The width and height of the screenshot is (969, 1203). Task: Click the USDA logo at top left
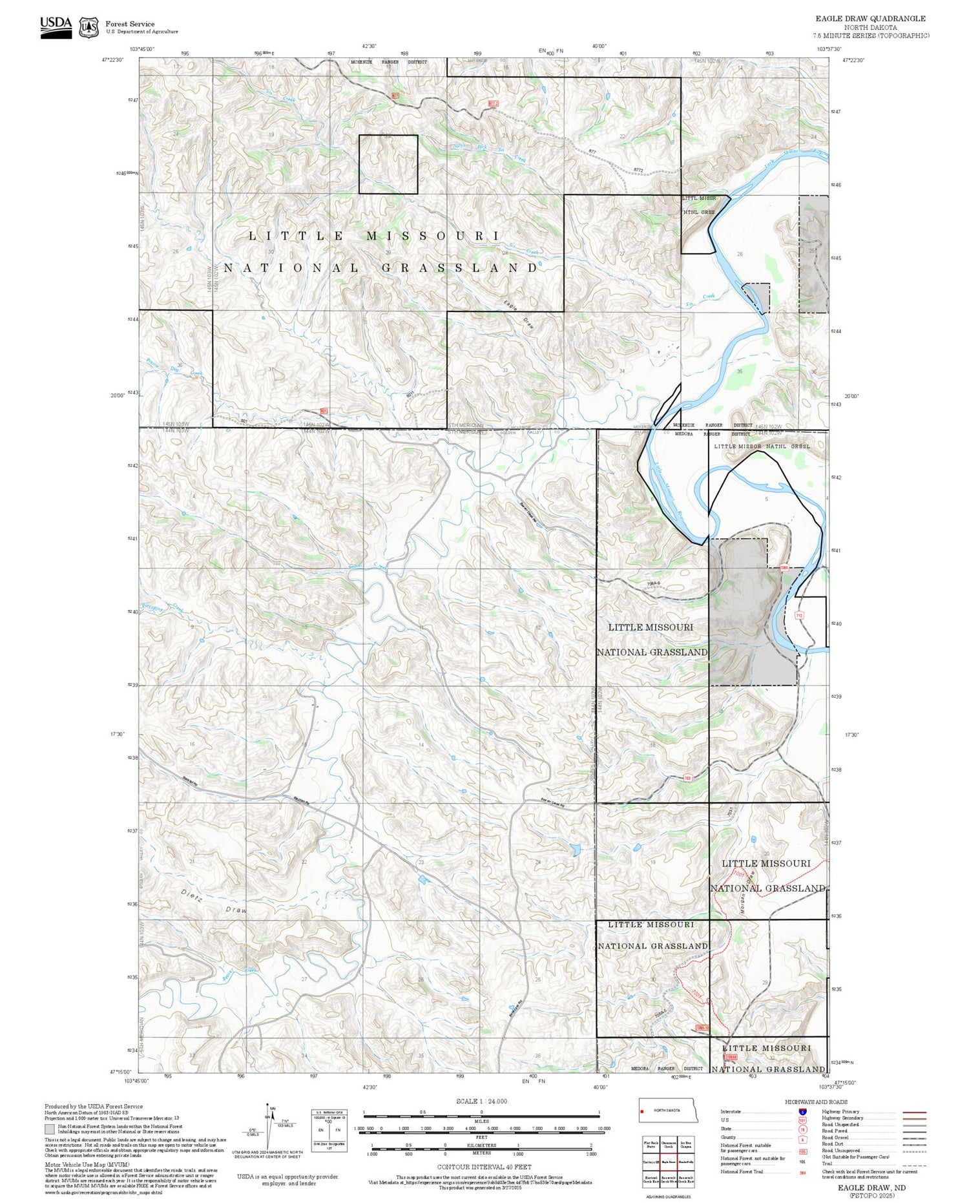(56, 26)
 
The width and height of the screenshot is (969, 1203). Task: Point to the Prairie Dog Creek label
(174, 368)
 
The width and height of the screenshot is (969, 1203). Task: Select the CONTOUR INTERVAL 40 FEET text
(484, 1167)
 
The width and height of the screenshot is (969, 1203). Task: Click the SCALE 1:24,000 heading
(481, 1101)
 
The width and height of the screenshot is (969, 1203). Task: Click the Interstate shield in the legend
(802, 1111)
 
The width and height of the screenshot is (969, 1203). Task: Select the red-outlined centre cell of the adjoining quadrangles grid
(669, 1161)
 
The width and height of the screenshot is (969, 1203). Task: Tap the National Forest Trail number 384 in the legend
(802, 1172)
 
